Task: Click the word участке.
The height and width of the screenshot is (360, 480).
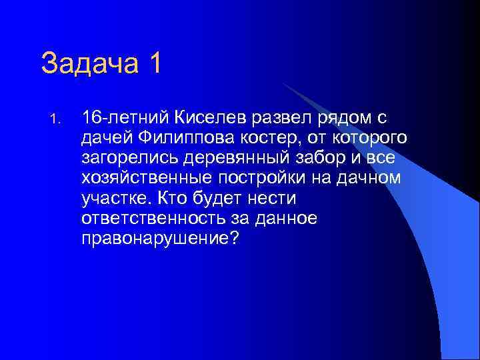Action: [115, 199]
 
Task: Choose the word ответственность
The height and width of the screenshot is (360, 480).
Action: [146, 219]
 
